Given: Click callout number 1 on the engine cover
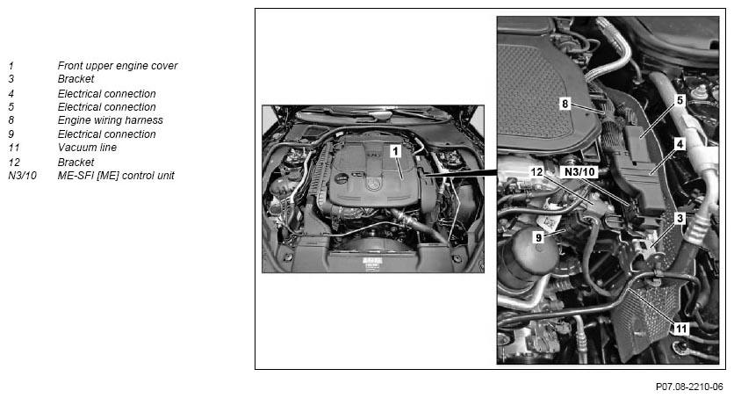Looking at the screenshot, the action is (x=396, y=151).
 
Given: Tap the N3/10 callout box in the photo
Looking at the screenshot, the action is (x=579, y=172).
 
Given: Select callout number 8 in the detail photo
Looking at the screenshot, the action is (x=565, y=104).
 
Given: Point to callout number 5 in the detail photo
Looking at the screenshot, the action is (x=680, y=100).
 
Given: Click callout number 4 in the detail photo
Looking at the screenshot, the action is (x=680, y=144).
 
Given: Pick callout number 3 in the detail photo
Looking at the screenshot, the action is (x=680, y=218).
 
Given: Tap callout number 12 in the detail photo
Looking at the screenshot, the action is (x=536, y=172).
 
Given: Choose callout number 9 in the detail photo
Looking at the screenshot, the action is (x=539, y=238).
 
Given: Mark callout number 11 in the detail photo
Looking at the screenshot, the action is (x=680, y=329).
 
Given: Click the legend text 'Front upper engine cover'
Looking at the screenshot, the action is (x=118, y=66).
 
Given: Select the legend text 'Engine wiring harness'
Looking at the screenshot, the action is (x=111, y=120).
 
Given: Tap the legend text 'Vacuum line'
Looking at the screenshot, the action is (x=87, y=148).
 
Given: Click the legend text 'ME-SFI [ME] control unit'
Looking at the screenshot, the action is (x=116, y=176).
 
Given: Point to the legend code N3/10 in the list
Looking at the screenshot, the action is (x=22, y=176).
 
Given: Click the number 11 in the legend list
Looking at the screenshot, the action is (x=13, y=148).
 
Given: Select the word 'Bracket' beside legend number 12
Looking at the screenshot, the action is (x=76, y=162).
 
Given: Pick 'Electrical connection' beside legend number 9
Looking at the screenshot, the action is (x=107, y=134).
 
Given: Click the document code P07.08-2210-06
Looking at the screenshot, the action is (x=689, y=387).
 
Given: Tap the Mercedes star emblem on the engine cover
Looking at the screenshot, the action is (x=372, y=185).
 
